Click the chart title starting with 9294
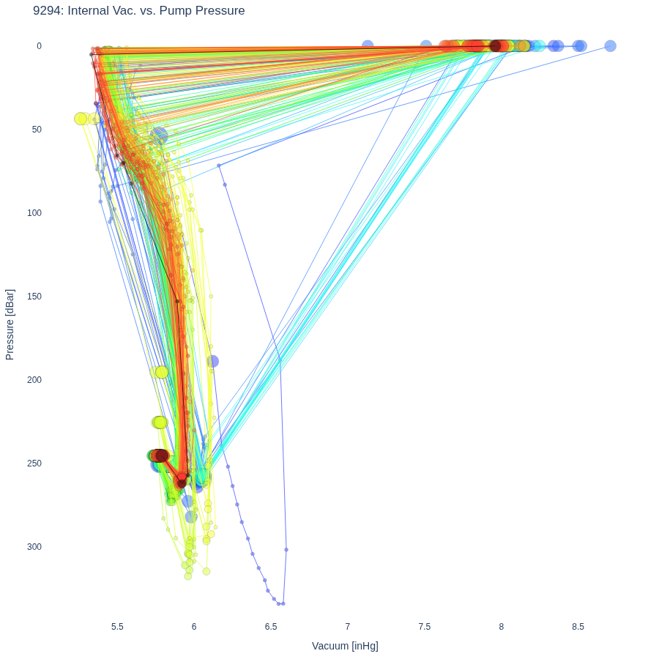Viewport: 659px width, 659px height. (138, 10)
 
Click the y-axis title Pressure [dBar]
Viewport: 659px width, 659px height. (10, 324)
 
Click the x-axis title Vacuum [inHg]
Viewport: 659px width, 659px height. (345, 646)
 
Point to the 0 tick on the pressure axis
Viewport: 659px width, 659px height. (39, 46)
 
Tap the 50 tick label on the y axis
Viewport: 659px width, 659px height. (37, 130)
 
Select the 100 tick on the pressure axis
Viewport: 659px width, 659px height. (34, 213)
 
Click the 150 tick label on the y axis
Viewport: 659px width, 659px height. (34, 297)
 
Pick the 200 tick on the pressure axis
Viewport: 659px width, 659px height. (34, 380)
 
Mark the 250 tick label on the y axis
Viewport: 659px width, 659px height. (34, 463)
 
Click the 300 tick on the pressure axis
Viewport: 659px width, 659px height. (34, 547)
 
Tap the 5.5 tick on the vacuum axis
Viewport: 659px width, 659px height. (117, 627)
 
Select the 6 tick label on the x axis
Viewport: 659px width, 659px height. (194, 627)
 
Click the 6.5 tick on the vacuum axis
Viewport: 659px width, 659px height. (271, 627)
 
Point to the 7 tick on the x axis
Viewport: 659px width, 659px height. (348, 627)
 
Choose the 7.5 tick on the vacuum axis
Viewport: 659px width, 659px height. (425, 627)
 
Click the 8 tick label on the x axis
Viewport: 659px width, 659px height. (502, 627)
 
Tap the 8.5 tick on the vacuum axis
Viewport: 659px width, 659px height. (578, 627)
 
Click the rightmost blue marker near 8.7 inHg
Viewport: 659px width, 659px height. (610, 46)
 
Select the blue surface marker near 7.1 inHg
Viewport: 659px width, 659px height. (368, 46)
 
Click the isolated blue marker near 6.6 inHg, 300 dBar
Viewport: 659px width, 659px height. (286, 550)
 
